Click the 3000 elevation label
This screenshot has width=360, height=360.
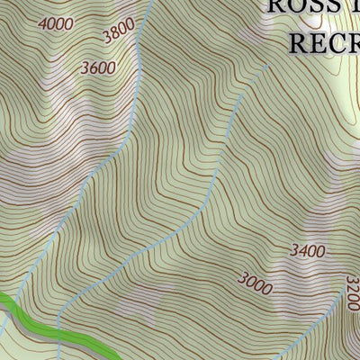point(255,283)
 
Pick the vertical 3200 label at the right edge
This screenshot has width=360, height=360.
point(352,294)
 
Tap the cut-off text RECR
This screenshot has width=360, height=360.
point(323,41)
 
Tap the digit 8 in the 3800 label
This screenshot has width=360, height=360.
point(115,34)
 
